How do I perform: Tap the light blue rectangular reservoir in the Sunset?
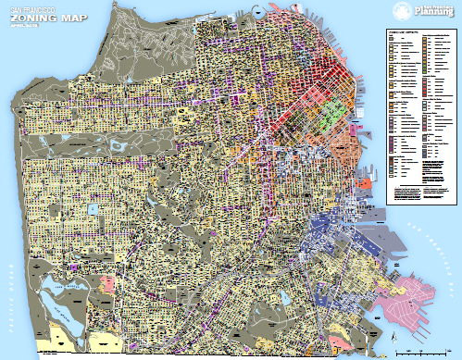pyautogui.click(x=94, y=209)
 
